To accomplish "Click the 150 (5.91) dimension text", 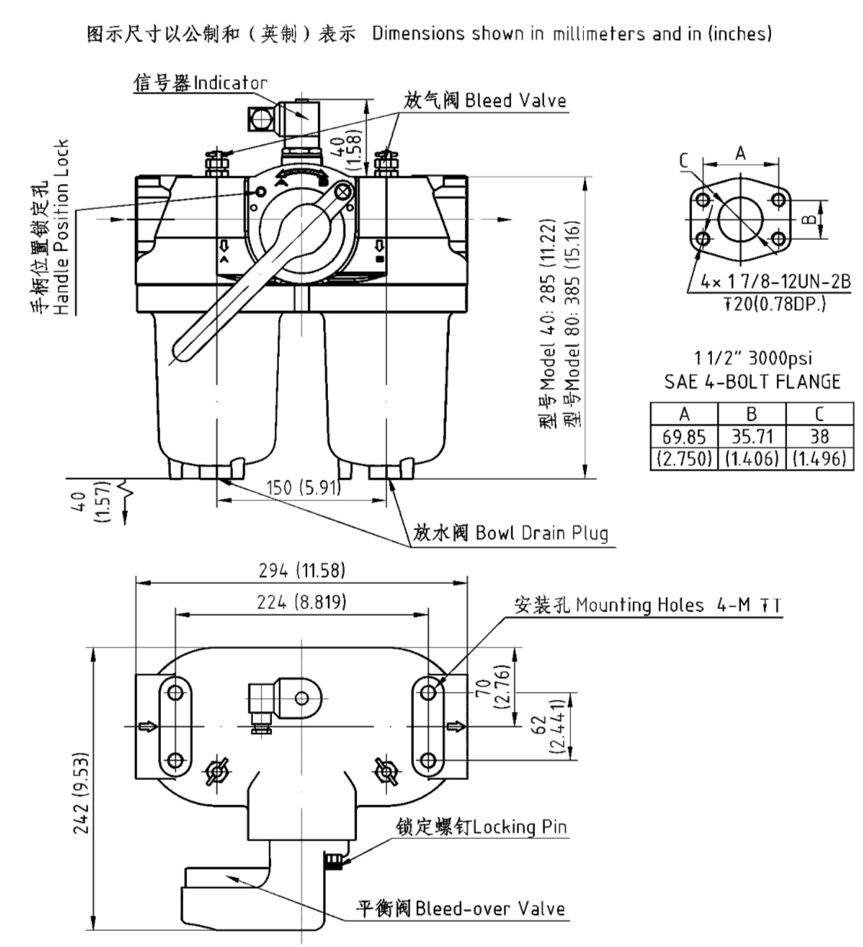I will pos(302,488).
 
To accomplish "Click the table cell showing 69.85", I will pos(684,437).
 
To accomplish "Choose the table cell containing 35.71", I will pos(751,437).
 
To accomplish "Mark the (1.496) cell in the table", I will pos(819,458).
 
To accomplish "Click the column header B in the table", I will pos(751,415).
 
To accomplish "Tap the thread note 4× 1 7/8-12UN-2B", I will pos(775,282).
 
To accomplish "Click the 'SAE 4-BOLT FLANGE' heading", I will pos(752,382).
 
